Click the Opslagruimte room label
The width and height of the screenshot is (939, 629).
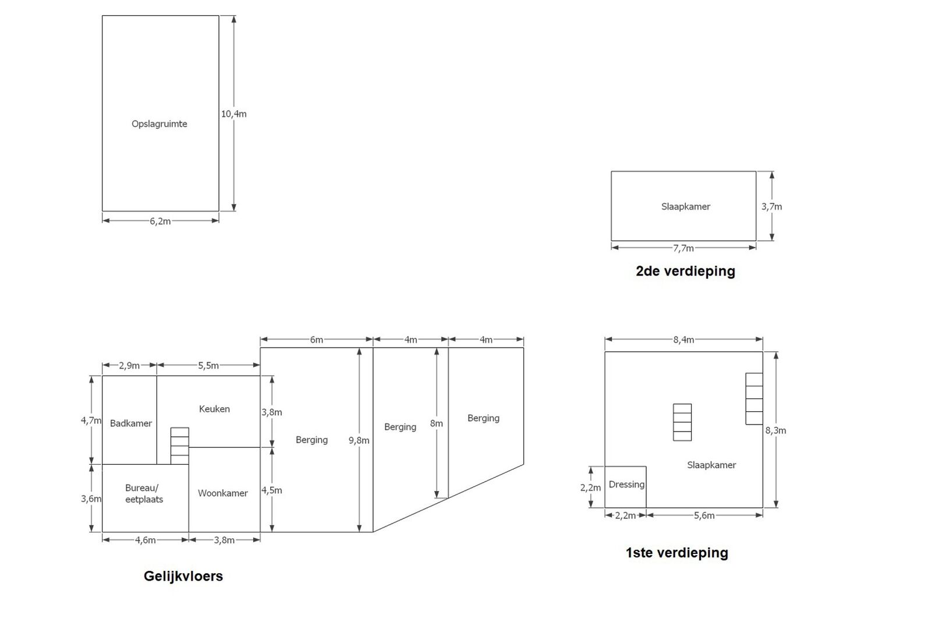pos(159,124)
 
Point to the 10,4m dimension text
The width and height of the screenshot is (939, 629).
pos(233,114)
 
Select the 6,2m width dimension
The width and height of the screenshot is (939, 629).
pos(160,221)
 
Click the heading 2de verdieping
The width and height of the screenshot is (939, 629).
pos(685,271)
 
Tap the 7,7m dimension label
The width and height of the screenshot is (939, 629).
pos(683,249)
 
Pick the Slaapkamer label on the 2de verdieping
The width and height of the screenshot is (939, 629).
pos(685,207)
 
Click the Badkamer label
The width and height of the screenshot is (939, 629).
pos(131,423)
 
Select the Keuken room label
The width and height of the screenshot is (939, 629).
pos(214,409)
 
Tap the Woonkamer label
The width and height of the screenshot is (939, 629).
pos(222,493)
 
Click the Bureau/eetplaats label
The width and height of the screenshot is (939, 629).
pos(144,493)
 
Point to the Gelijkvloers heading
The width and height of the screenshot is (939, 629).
pos(183,577)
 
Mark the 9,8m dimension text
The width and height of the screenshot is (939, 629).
pos(359,440)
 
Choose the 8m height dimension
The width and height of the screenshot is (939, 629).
pos(436,423)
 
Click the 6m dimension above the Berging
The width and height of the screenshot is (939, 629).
pos(316,340)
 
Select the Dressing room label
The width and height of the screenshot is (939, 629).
pos(626,485)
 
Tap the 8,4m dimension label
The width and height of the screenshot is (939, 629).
pos(683,340)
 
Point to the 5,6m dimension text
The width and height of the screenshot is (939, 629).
pos(704,515)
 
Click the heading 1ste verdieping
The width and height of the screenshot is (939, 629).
pos(676,553)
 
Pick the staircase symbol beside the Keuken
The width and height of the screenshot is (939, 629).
pos(180,446)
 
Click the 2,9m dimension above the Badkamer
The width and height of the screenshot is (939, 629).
pos(129,366)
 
